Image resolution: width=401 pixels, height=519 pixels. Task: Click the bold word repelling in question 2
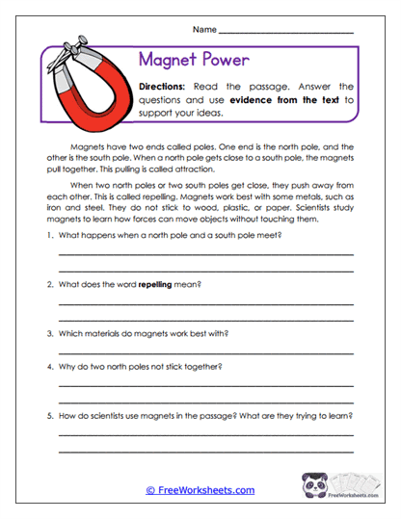click(158, 285)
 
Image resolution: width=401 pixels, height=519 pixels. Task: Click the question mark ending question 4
click(221, 366)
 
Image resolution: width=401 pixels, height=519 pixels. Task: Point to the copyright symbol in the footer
click(150, 490)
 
